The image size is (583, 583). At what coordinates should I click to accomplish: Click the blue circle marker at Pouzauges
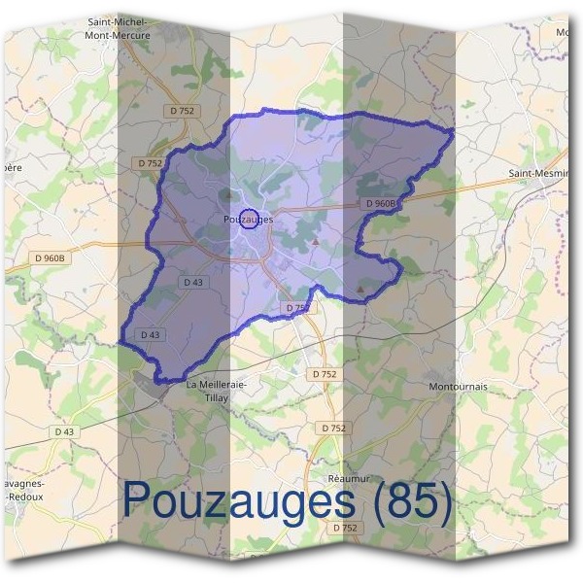pos(248,219)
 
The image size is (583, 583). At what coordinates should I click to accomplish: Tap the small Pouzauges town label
pos(247,220)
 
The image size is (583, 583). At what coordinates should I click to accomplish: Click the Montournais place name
pos(458,386)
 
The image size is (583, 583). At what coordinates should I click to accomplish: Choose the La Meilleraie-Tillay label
pos(216,390)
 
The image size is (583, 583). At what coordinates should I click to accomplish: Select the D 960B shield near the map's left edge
pos(49,257)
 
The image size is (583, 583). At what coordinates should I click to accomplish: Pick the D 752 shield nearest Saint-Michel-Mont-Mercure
pos(181,111)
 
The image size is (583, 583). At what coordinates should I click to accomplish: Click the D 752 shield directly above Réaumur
pos(332,428)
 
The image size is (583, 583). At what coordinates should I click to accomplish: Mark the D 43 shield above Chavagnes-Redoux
pos(64,431)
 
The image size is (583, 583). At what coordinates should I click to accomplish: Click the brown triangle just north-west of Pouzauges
pos(227,195)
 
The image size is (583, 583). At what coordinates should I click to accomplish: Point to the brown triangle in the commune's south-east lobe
pos(362,288)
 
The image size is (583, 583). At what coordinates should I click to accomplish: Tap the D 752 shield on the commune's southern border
pos(298,307)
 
